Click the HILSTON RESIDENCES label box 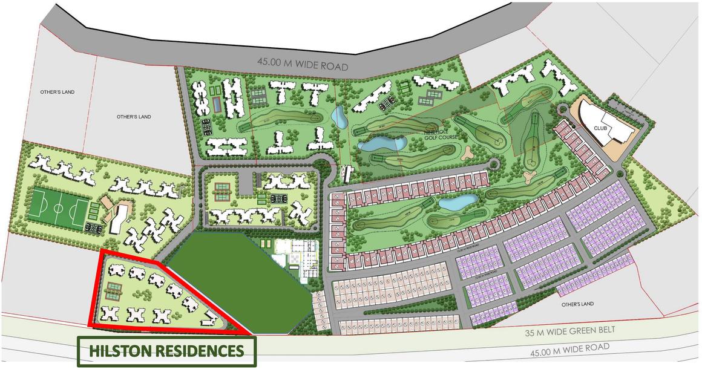click(x=166, y=351)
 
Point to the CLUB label click(x=600, y=128)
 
